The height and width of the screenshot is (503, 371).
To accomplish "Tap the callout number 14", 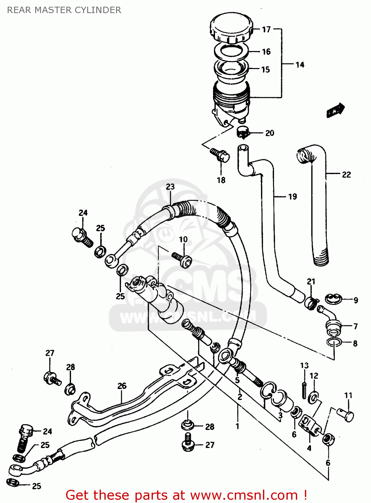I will tap(300, 65).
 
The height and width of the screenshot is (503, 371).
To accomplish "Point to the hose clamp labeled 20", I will tap(243, 132).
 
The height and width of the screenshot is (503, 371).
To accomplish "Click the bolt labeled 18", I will tap(220, 155).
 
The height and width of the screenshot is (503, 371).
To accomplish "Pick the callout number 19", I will tap(293, 197).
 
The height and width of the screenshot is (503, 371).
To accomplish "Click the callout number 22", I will tap(346, 174).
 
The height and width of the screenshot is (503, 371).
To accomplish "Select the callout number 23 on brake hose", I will tap(170, 187).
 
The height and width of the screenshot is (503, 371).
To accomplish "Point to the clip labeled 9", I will tap(333, 298).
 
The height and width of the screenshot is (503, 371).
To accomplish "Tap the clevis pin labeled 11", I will tap(346, 414).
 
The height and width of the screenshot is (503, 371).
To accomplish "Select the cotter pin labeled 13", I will tap(304, 390).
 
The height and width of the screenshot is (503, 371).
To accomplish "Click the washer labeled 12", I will tap(314, 398).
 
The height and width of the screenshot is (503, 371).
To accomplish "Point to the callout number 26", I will tap(122, 386).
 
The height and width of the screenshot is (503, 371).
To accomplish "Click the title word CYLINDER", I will tap(98, 10).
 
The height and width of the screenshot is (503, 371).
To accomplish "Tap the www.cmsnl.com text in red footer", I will tap(244, 495).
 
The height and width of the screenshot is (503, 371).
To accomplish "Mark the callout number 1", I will tap(237, 427).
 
